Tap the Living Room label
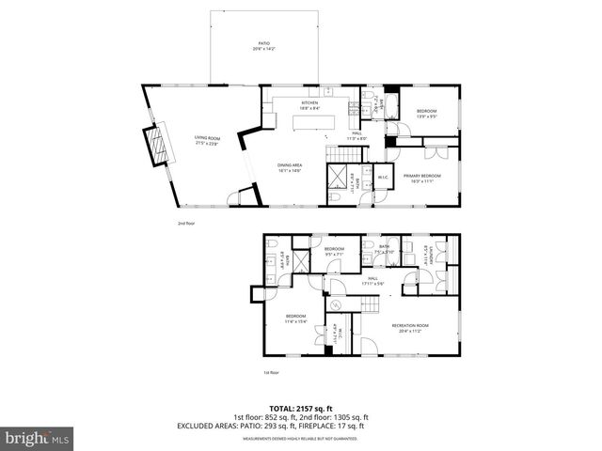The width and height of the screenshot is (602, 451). tap(207, 141)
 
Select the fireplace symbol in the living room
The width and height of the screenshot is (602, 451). tap(155, 145)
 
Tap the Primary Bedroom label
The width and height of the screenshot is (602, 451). tap(423, 178)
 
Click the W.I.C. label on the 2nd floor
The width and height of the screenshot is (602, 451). tap(383, 179)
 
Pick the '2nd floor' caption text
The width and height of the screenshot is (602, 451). tap(185, 224)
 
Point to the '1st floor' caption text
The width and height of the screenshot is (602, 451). tap(271, 373)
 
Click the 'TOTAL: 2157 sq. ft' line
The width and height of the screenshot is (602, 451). tap(301, 409)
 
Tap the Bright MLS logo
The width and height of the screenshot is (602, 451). tap(37, 438)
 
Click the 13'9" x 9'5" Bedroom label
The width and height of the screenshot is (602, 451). tap(427, 114)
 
